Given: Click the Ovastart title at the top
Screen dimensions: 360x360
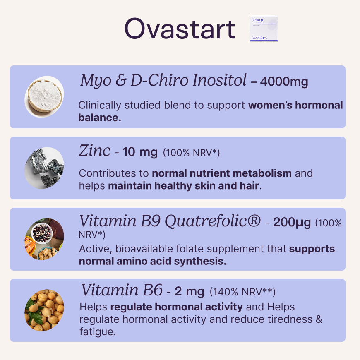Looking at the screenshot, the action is point(180,29).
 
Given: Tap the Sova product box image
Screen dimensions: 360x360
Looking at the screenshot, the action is point(264,29).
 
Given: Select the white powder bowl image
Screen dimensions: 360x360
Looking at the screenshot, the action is point(44,97).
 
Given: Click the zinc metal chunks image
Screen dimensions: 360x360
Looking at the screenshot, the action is point(44,168).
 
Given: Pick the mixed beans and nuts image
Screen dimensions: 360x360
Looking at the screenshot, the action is point(44,239).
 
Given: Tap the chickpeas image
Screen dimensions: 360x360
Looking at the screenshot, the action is point(44,310).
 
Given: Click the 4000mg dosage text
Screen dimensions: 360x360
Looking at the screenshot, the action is point(284,82).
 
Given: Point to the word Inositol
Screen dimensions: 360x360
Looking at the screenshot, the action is point(219,80).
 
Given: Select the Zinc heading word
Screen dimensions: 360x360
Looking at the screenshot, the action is point(94,151).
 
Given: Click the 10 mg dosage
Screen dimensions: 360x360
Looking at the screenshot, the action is point(140,152).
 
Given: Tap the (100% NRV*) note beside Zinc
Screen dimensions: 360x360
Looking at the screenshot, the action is point(191,152).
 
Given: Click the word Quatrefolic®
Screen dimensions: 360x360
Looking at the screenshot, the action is point(213,221).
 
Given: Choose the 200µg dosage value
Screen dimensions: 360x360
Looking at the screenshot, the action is point(292,223).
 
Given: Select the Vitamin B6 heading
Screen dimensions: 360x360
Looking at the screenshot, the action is point(122,290).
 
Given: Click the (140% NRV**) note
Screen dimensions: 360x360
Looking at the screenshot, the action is point(242,292).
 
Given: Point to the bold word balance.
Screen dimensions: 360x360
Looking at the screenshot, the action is point(100,118).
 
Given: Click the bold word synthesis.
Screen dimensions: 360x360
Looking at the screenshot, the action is point(200,261).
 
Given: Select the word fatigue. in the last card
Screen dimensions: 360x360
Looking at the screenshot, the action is point(98,331).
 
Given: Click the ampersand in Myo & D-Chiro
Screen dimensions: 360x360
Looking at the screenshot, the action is point(121,81).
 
